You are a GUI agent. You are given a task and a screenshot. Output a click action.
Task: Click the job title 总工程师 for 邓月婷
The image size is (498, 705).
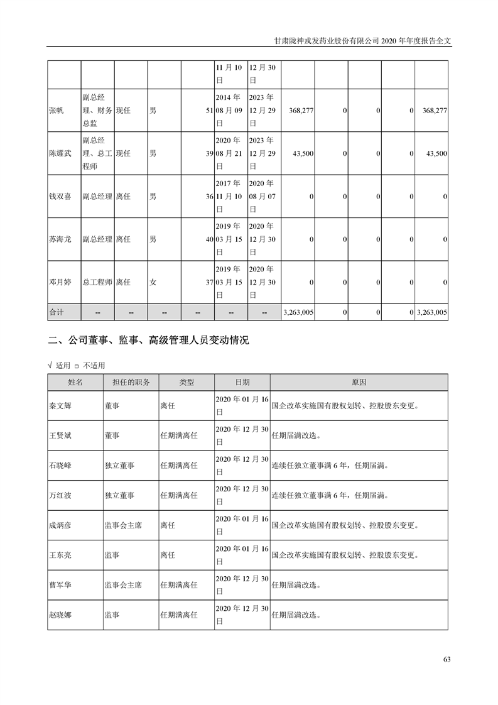point(97,283)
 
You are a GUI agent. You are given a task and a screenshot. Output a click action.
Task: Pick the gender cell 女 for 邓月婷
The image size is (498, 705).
point(153,283)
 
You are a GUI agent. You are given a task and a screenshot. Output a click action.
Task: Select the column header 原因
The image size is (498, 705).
point(359,382)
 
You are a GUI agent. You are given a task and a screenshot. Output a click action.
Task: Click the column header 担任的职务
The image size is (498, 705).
point(131,382)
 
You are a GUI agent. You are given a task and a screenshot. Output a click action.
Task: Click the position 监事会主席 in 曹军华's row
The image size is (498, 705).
point(123,585)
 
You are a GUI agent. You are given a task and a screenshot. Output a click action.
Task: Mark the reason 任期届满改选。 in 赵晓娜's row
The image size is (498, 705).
point(296,615)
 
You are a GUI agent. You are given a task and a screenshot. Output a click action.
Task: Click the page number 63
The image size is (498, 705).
point(447,659)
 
